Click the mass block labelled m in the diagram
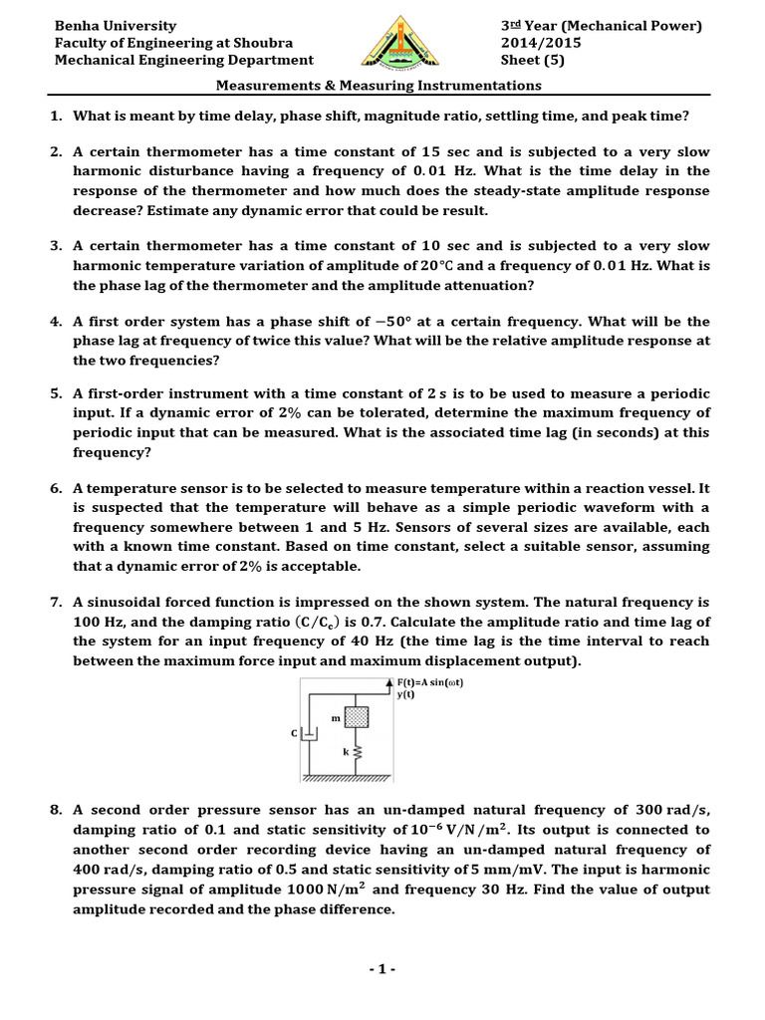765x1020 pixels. click(357, 717)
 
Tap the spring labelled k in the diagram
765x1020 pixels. click(357, 753)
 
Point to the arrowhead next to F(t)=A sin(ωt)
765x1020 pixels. click(388, 681)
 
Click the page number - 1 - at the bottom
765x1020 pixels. click(382, 969)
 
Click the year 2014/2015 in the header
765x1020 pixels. click(541, 43)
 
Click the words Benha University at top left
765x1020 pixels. click(115, 26)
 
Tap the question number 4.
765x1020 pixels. click(56, 322)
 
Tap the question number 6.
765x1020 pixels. click(56, 489)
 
